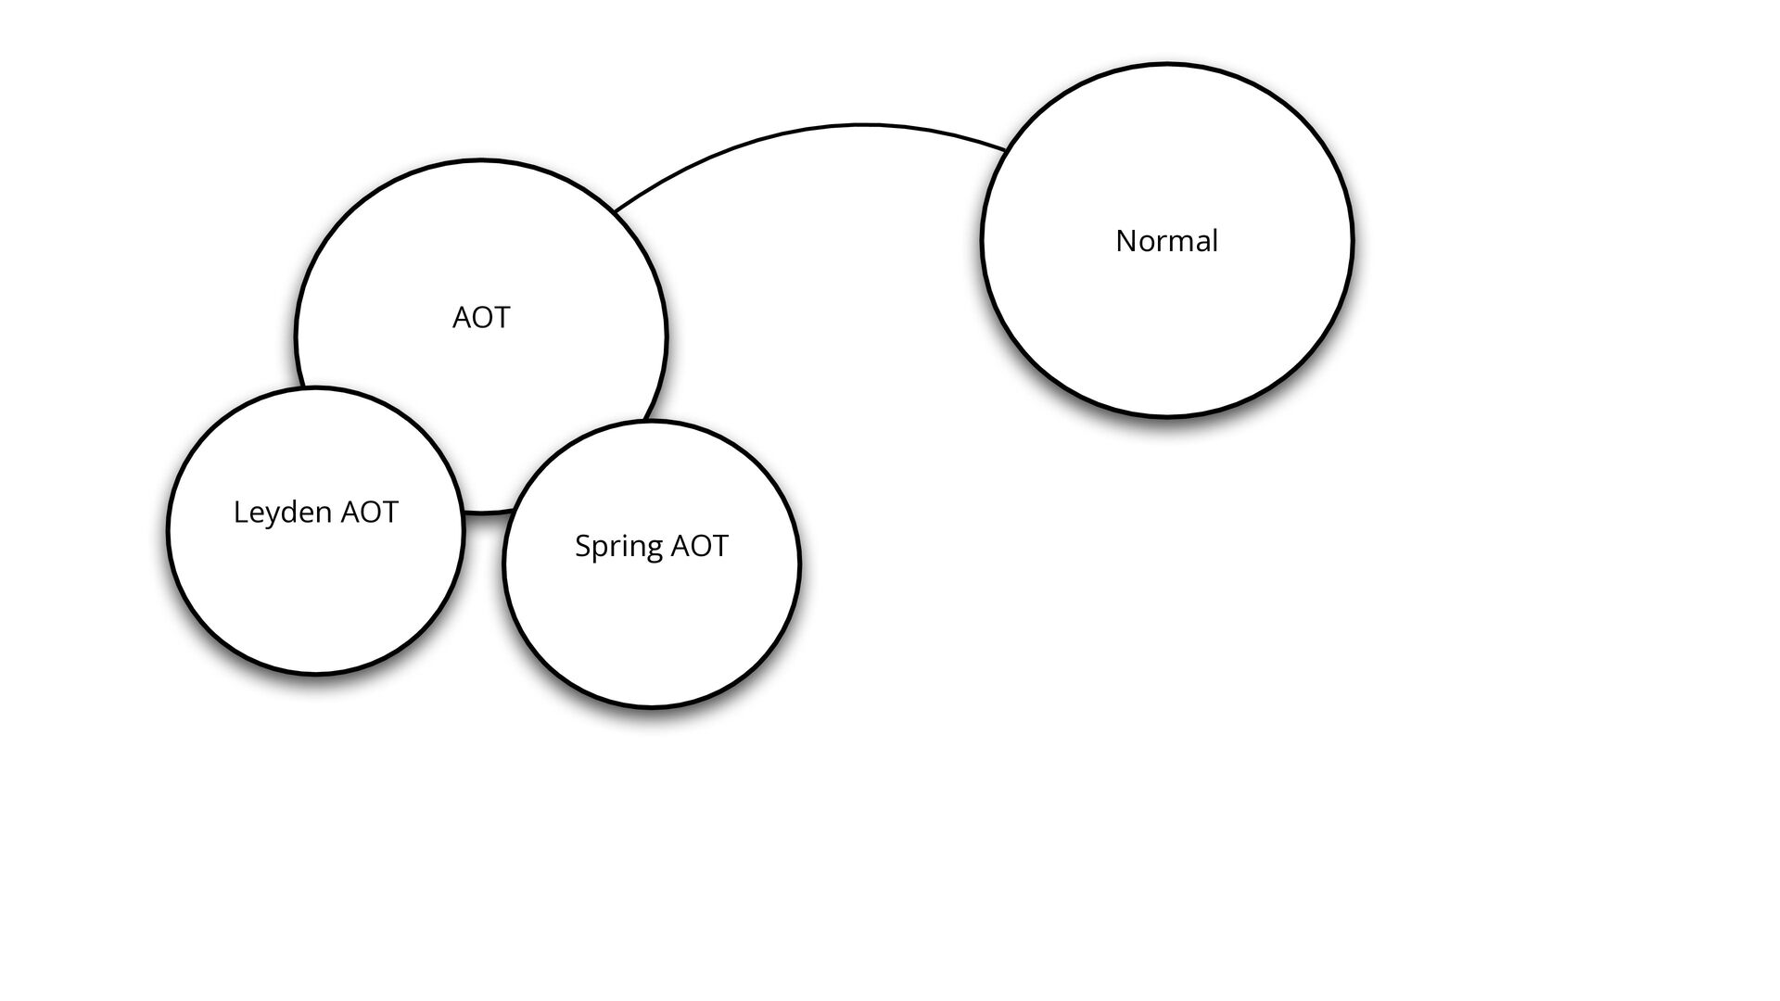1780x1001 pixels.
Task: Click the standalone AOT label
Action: click(x=480, y=318)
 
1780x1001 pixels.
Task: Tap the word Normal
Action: click(x=1166, y=241)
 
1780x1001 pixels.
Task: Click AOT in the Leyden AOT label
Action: click(x=369, y=512)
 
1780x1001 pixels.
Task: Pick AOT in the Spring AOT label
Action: click(x=699, y=546)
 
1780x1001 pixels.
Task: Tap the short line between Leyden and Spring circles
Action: click(x=483, y=511)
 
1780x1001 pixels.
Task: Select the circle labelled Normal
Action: click(x=1166, y=334)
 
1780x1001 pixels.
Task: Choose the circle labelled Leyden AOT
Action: click(x=315, y=593)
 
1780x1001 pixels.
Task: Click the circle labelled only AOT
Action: click(x=480, y=241)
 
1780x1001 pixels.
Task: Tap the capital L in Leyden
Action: click(x=239, y=512)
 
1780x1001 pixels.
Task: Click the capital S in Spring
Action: click(x=582, y=546)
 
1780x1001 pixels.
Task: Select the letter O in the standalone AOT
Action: click(x=481, y=318)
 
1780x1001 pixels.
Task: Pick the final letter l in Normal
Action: click(x=1214, y=240)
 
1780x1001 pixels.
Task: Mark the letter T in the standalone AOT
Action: click(x=501, y=318)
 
